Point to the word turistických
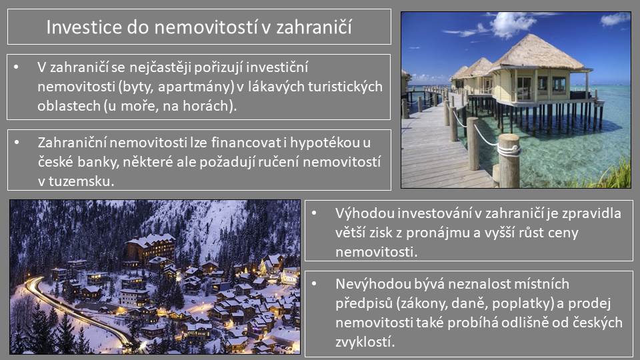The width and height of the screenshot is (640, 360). point(346,87)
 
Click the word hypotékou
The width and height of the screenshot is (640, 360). point(325,143)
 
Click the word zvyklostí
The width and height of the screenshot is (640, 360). point(365,341)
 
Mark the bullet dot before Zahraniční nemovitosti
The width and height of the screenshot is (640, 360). point(17,143)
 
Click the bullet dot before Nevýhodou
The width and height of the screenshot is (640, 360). point(314,283)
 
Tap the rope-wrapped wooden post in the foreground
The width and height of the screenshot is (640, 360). point(509,161)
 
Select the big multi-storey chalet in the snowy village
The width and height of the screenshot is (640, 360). point(151,248)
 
